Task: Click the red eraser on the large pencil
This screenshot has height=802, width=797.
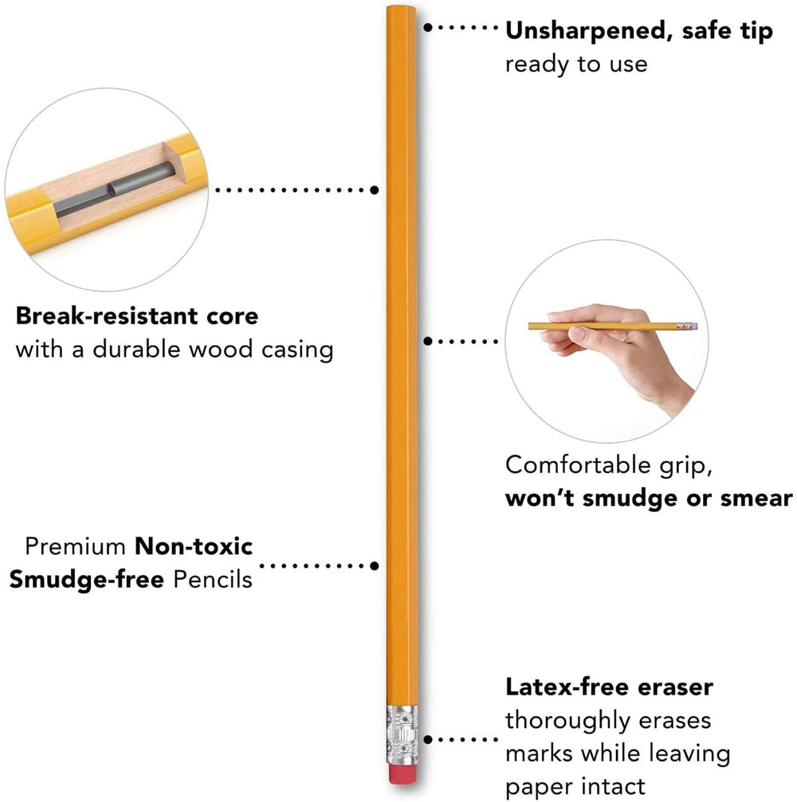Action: point(402,773)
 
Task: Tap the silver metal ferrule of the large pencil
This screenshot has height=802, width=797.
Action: point(402,735)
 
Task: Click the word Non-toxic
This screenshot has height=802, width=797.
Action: point(194,546)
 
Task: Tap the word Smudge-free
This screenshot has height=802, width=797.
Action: point(87,579)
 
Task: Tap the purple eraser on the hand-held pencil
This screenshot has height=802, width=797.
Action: point(694,326)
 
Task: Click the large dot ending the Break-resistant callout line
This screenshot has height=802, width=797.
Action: point(374,190)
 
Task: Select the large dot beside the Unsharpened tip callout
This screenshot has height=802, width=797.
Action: point(428,27)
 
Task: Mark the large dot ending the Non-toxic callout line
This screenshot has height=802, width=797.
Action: point(374,565)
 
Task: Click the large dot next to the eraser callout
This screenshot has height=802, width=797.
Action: point(428,739)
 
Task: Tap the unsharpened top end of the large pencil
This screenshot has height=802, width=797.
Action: point(402,8)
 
